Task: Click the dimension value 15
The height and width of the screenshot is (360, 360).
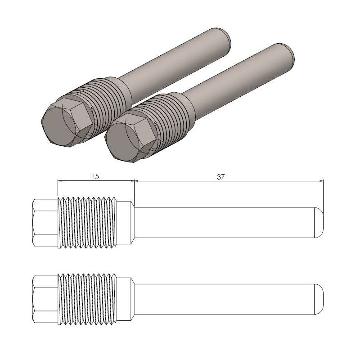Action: [x=94, y=177]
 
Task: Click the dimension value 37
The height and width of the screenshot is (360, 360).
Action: [x=220, y=177]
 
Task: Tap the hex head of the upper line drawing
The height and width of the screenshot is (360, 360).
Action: [x=45, y=223]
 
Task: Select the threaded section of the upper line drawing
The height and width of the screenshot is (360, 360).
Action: [x=87, y=223]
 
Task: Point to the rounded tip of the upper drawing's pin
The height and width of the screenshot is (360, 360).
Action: [x=319, y=223]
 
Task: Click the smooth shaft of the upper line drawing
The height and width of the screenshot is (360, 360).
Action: [x=225, y=223]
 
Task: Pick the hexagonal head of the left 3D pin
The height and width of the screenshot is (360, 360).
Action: [x=65, y=121]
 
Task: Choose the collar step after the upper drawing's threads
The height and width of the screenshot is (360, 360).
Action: [x=126, y=223]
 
